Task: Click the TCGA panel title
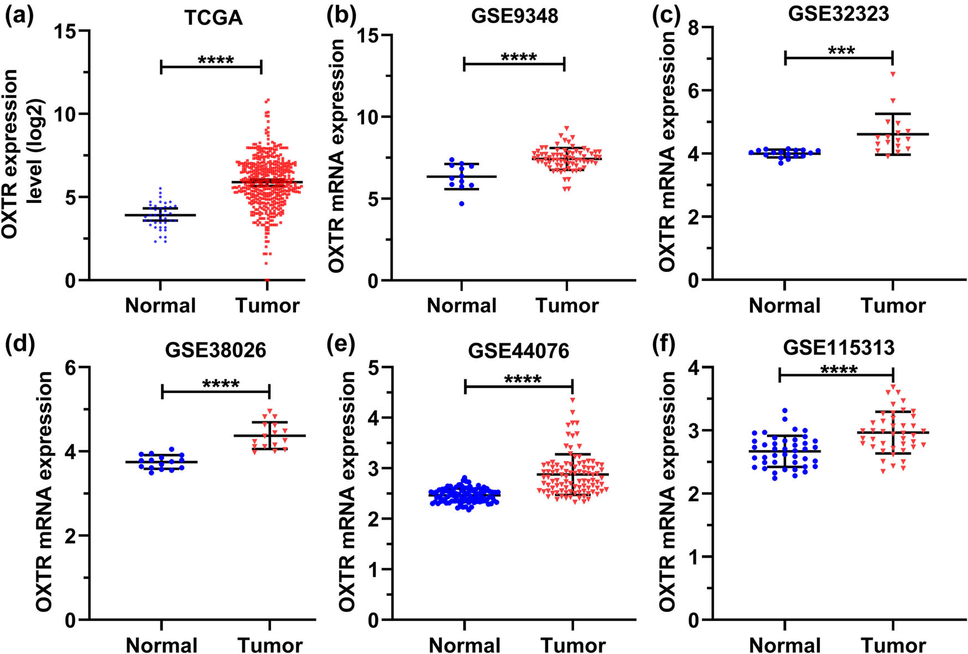pos(214,18)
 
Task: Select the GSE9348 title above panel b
pos(514,15)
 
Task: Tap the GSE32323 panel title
pos(838,13)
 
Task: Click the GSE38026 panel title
pos(215,350)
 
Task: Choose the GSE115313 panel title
pos(839,347)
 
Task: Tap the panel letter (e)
pos(340,344)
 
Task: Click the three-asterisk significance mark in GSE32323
pos(841,51)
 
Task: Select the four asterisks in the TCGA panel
pos(216,60)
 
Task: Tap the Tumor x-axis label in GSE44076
pos(573,645)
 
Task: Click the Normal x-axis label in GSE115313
pos(784,645)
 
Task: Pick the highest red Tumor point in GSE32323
pos(892,74)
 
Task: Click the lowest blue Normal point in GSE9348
pos(461,204)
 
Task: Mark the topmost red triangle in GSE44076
pos(573,400)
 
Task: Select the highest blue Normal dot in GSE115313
pos(784,411)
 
